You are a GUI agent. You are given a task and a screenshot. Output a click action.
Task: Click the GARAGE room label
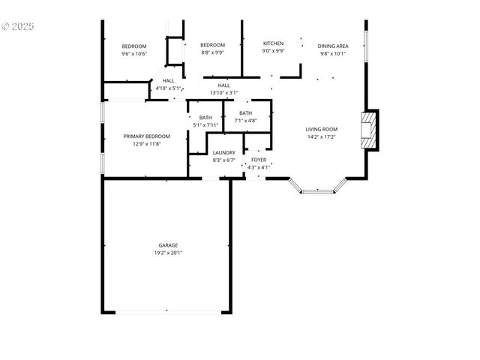point(168,245)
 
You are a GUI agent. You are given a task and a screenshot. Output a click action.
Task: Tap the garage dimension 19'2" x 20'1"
point(168,253)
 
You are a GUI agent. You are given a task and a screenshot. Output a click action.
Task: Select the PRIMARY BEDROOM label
point(146,136)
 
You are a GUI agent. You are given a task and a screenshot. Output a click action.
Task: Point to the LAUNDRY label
point(223,152)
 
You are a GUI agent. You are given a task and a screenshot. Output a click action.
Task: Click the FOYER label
point(258,160)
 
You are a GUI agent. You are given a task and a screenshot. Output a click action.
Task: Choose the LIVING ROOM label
point(322,129)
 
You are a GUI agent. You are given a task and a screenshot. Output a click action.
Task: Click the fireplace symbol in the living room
point(368,131)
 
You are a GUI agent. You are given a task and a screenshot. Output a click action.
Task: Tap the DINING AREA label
point(332,46)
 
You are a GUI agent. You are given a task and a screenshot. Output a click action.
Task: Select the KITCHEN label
point(273,43)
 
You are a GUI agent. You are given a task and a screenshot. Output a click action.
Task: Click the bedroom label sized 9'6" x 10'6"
point(134,46)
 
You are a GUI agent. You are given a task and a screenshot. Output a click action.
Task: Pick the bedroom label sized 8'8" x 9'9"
point(212,46)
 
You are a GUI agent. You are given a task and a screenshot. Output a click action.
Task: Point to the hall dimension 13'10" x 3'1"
point(223,93)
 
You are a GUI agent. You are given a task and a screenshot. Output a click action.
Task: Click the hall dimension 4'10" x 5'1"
point(168,88)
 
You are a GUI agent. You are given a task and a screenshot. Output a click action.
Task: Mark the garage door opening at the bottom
point(168,312)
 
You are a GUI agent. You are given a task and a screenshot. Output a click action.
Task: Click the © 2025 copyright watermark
point(18,26)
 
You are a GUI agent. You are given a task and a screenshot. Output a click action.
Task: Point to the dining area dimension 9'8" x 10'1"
point(332,54)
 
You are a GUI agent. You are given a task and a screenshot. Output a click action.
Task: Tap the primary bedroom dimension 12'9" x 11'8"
point(146,144)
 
